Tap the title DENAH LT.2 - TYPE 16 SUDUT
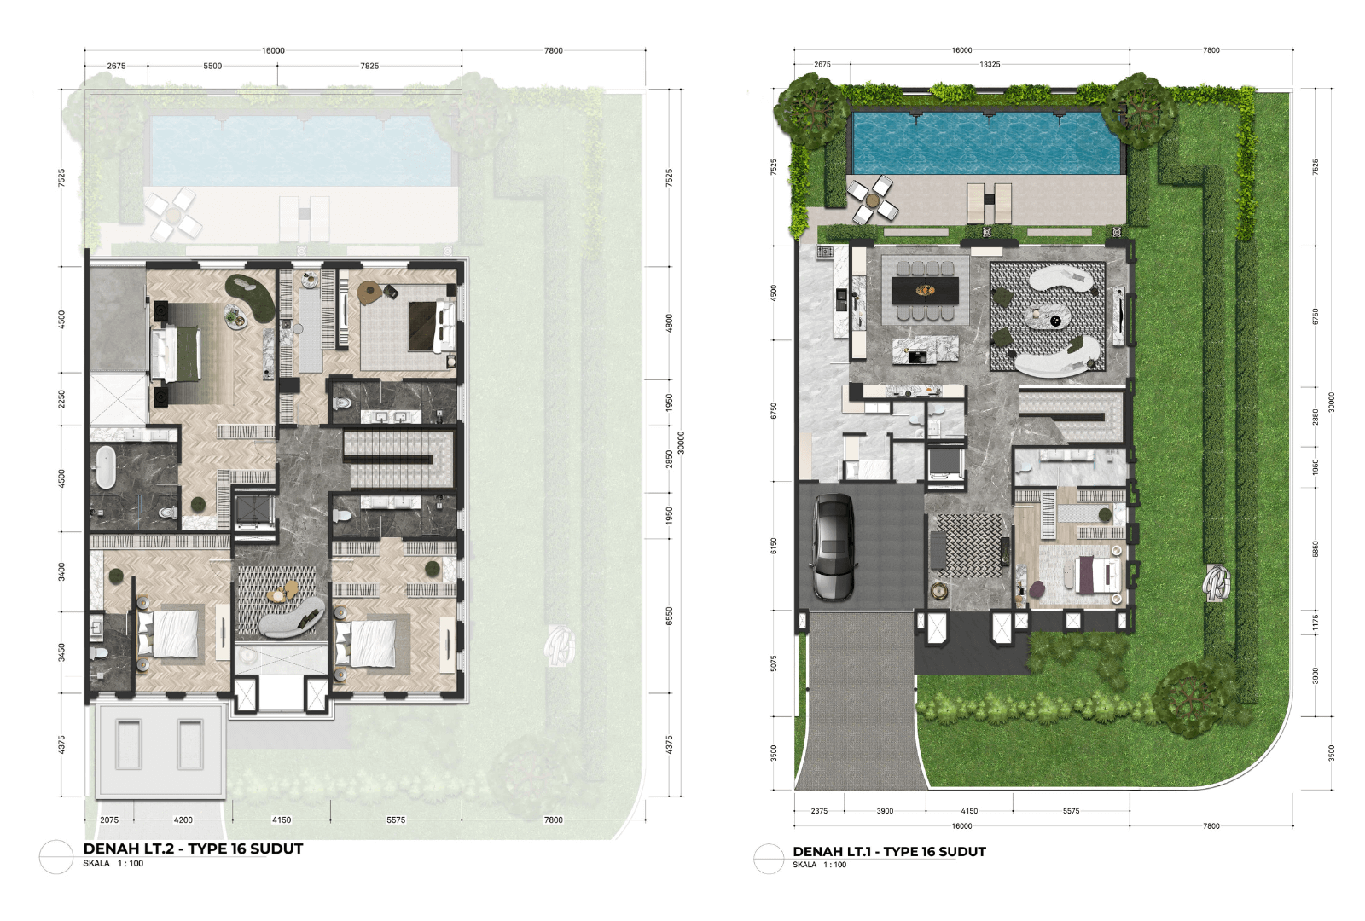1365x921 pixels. click(193, 849)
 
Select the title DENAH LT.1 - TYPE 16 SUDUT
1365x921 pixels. click(889, 852)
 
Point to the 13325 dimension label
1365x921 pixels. click(990, 64)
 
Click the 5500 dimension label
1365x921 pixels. click(212, 66)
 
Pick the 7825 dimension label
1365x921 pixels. click(369, 66)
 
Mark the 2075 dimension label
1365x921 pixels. click(110, 820)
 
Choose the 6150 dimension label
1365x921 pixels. click(774, 546)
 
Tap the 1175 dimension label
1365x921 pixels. click(1316, 623)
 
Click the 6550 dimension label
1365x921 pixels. click(669, 616)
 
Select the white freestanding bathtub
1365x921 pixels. click(106, 467)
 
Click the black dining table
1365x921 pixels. click(925, 291)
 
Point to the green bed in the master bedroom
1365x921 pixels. click(177, 354)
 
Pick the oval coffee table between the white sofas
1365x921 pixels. click(1047, 316)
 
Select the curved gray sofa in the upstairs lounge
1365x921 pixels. click(291, 619)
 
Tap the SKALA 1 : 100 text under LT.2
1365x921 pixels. click(113, 863)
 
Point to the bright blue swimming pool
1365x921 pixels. click(986, 142)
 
